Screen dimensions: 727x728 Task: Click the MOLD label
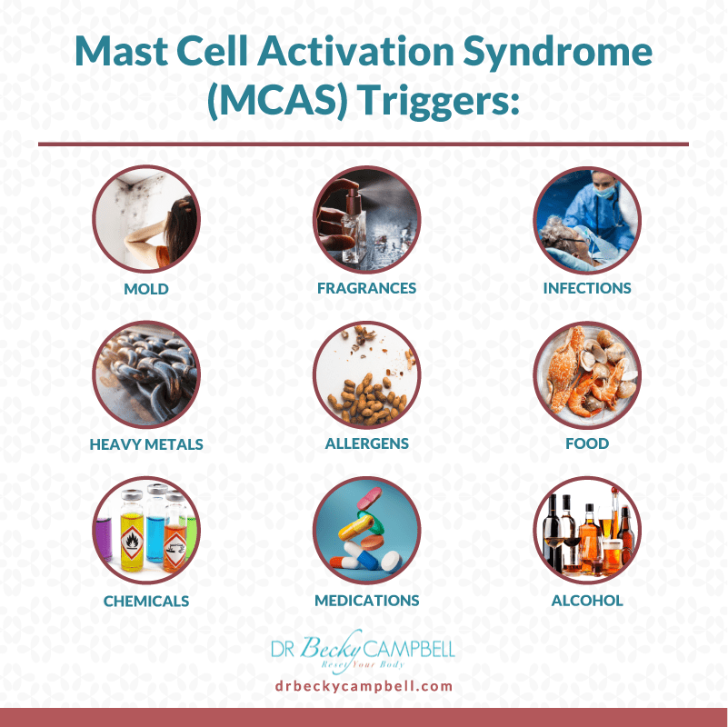tap(146, 288)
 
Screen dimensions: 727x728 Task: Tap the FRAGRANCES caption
tap(366, 288)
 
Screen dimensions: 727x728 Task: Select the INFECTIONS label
tap(587, 288)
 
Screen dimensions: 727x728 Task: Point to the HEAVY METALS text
tap(146, 444)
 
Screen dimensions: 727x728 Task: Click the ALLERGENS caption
tap(366, 444)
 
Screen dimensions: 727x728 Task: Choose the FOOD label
tap(587, 444)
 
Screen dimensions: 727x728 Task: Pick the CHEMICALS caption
tap(146, 601)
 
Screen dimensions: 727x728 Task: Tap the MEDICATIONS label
tap(366, 601)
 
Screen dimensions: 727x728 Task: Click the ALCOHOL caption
tap(587, 601)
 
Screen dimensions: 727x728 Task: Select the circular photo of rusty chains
tap(146, 375)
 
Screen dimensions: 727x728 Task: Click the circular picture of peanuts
tap(366, 375)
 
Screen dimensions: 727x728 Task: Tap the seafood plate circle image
tap(587, 375)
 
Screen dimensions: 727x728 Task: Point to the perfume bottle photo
tap(366, 219)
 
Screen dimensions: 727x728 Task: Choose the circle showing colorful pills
tap(366, 532)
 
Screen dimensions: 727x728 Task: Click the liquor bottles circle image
tap(587, 532)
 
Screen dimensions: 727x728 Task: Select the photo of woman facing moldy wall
tap(146, 219)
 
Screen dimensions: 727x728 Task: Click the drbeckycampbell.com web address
tap(364, 686)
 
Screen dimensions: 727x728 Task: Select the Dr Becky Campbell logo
tap(364, 649)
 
